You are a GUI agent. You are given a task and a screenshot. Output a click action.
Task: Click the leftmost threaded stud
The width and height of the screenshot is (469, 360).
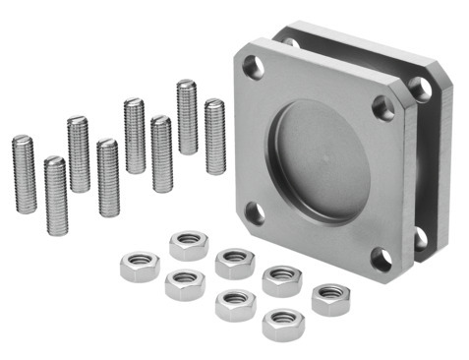click(24, 173)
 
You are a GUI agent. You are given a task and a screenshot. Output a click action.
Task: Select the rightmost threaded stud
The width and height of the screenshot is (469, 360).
click(214, 136)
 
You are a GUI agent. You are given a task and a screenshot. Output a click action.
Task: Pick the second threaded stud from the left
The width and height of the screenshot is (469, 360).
click(56, 195)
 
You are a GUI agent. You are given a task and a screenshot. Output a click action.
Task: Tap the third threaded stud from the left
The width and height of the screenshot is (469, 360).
click(79, 153)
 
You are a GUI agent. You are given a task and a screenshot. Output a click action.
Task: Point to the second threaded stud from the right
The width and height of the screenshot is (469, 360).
click(187, 116)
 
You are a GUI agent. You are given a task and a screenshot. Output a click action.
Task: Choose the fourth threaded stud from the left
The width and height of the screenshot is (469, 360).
click(108, 177)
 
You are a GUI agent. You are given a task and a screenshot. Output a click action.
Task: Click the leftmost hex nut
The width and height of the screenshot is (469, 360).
click(139, 266)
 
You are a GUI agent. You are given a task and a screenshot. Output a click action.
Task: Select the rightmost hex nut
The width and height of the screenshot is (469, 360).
click(330, 297)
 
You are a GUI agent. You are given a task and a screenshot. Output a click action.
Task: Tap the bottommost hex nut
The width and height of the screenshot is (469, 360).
click(283, 323)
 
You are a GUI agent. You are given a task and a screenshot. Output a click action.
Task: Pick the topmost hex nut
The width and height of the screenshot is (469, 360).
click(188, 244)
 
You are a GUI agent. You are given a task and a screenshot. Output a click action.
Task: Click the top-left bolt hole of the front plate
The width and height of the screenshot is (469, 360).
click(253, 67)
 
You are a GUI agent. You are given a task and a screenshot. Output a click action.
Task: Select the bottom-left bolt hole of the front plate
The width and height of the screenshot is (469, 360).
click(255, 211)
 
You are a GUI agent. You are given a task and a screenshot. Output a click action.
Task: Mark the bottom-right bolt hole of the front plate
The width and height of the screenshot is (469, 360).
click(381, 259)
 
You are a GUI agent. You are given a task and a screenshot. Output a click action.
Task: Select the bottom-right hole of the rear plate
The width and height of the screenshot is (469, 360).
click(421, 237)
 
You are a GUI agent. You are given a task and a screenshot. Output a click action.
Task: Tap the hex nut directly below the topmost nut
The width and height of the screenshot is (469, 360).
click(184, 284)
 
